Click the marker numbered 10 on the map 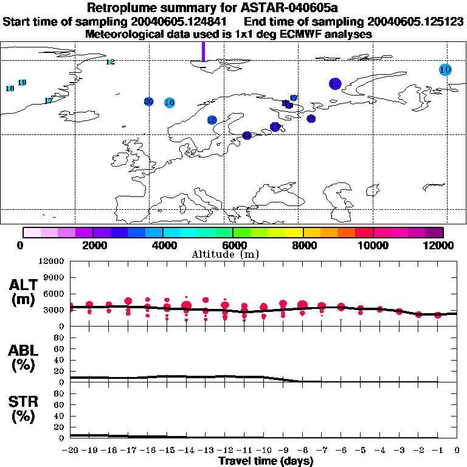point(445,70)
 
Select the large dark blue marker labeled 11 point(335,84)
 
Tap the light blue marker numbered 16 point(170,102)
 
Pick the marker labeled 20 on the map point(148,102)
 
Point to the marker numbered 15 point(212,120)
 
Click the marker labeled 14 point(247,136)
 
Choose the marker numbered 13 point(275,126)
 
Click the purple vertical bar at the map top point(203,52)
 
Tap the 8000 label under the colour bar point(303,245)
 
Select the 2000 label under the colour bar point(92,245)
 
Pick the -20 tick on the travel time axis point(71,451)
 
